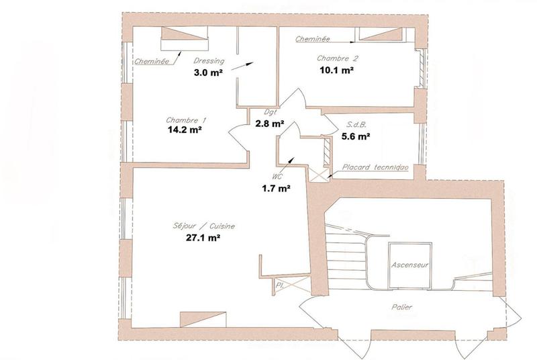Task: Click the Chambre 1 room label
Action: pos(186,120)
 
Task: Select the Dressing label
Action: pos(209,62)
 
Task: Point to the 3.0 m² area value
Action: pos(208,73)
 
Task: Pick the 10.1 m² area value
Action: pos(337,69)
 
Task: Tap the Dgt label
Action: pos(270,113)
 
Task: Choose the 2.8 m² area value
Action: pos(270,124)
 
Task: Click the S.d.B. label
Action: pos(356,125)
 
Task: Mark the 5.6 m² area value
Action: pos(356,136)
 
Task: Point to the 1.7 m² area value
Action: pos(276,189)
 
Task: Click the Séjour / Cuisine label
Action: pos(199,226)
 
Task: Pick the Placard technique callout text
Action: pos(368,167)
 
